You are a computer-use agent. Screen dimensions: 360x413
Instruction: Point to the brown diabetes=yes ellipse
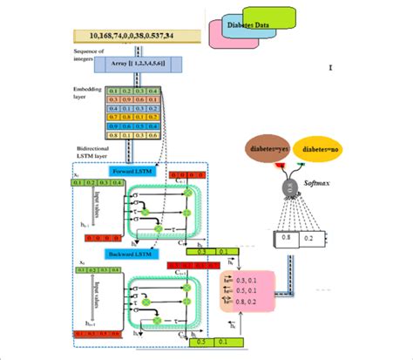267,149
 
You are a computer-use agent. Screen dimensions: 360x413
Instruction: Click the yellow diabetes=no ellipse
322,149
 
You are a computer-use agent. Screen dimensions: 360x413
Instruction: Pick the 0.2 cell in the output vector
310,235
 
